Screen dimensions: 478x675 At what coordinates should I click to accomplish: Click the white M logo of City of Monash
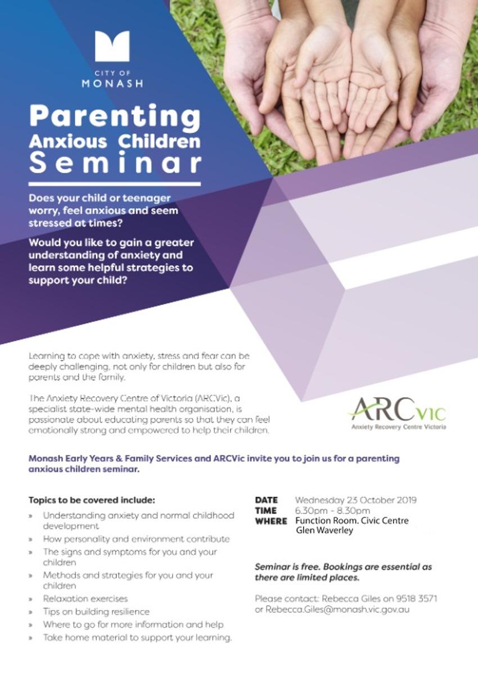(x=112, y=46)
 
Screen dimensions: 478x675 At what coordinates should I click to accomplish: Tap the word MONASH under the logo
(x=112, y=83)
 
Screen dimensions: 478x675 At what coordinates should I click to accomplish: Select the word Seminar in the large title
(x=115, y=162)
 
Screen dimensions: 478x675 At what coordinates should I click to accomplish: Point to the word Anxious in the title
(x=68, y=141)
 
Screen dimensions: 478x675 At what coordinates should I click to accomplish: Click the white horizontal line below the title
(x=115, y=184)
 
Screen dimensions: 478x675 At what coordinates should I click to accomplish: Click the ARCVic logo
(x=397, y=413)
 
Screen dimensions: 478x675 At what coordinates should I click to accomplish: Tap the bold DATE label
(x=266, y=500)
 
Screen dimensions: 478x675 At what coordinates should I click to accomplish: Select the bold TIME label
(x=265, y=511)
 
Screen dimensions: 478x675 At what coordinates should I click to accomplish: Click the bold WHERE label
(x=271, y=521)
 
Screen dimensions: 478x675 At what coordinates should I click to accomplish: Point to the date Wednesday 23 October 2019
(x=356, y=500)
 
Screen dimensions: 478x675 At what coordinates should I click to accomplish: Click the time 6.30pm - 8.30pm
(x=332, y=511)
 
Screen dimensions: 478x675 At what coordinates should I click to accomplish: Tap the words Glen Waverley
(x=324, y=530)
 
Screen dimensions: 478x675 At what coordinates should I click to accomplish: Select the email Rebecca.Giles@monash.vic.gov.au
(x=337, y=609)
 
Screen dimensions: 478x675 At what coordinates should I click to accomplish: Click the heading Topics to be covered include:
(x=92, y=500)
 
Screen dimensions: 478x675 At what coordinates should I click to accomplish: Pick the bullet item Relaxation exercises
(x=85, y=598)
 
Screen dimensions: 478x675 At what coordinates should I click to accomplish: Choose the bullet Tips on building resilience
(x=96, y=611)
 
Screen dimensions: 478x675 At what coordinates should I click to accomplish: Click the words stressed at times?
(x=75, y=223)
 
